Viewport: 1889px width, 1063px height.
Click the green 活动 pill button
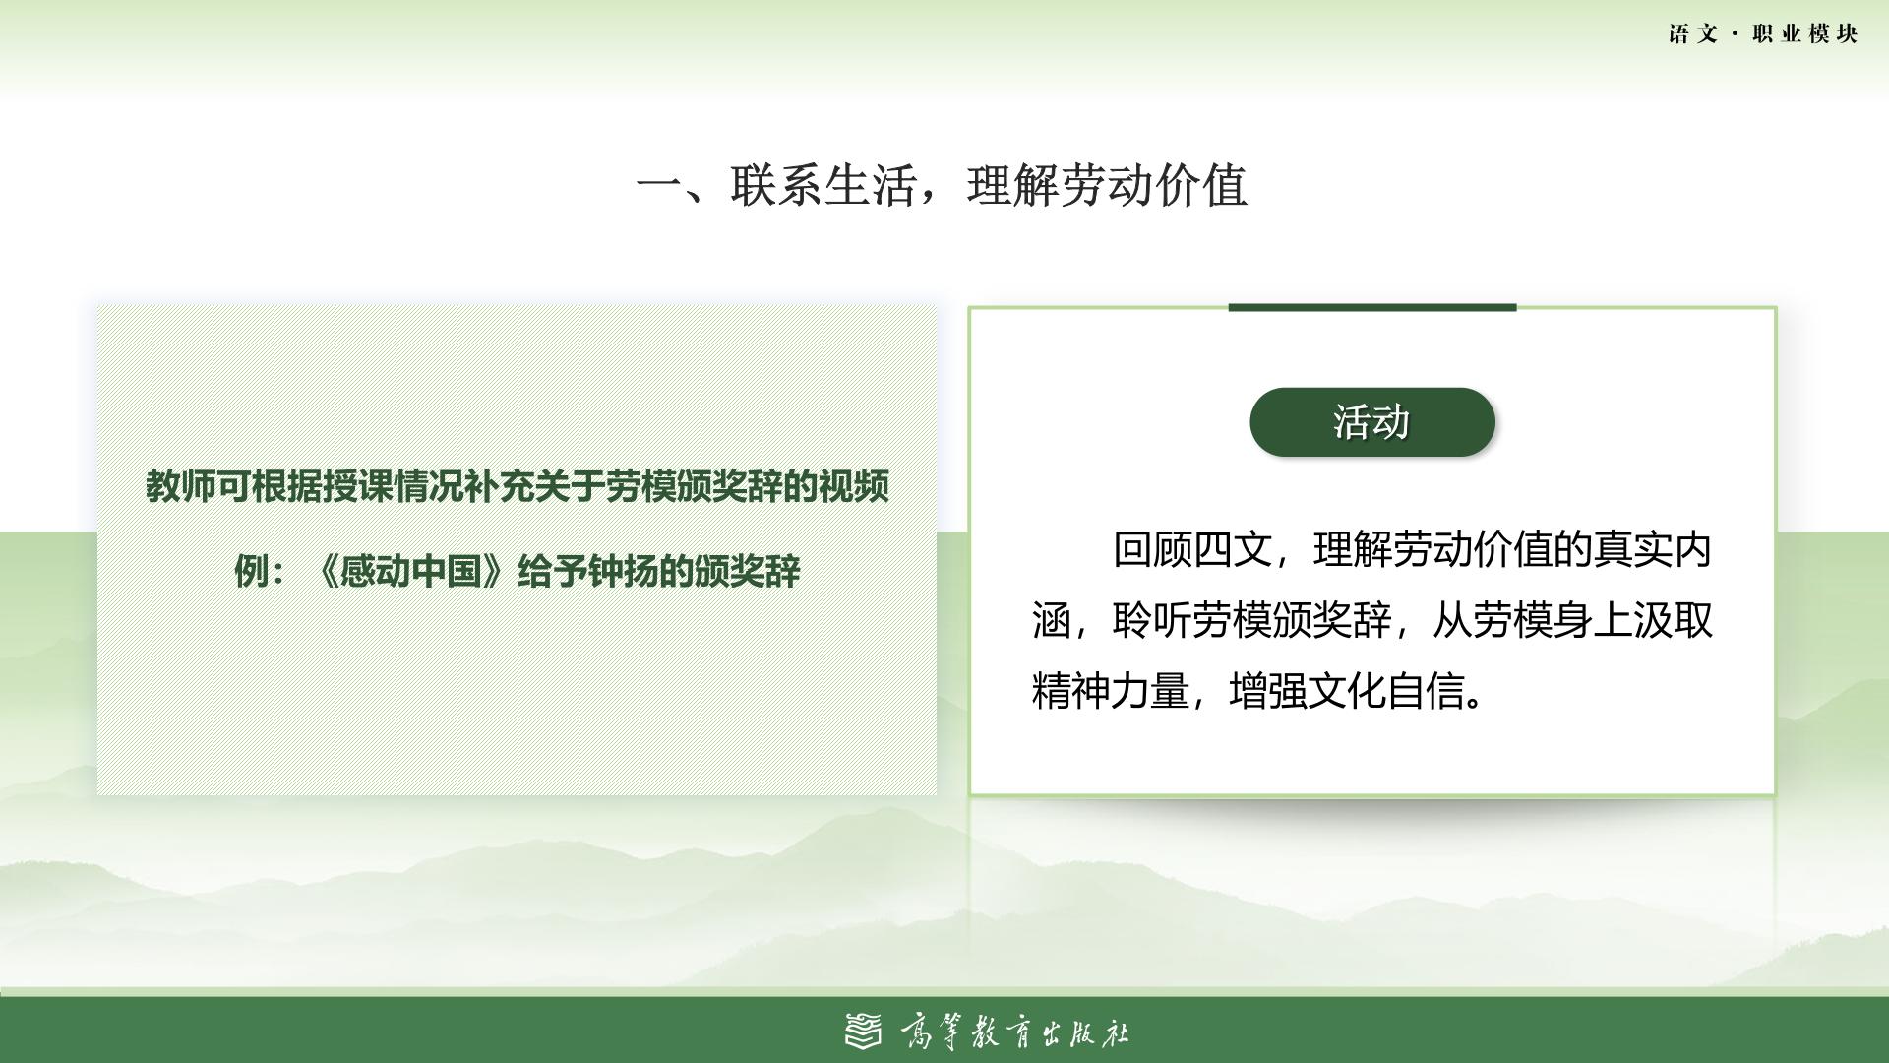(1372, 422)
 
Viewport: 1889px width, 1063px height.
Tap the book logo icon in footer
(864, 1031)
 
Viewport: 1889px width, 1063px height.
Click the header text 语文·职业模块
(1763, 34)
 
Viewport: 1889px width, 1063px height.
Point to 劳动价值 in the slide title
(1155, 185)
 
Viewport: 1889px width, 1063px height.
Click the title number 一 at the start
(659, 186)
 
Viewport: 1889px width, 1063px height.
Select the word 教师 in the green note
(181, 485)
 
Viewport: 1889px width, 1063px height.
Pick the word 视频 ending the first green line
(854, 485)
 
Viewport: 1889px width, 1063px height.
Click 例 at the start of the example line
(251, 571)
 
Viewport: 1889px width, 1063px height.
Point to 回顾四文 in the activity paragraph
(1192, 549)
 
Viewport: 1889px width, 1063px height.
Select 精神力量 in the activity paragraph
(1111, 692)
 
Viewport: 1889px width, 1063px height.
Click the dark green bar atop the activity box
(1372, 307)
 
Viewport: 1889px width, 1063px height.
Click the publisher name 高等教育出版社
(1014, 1032)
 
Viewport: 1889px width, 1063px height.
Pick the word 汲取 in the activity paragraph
(1674, 621)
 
